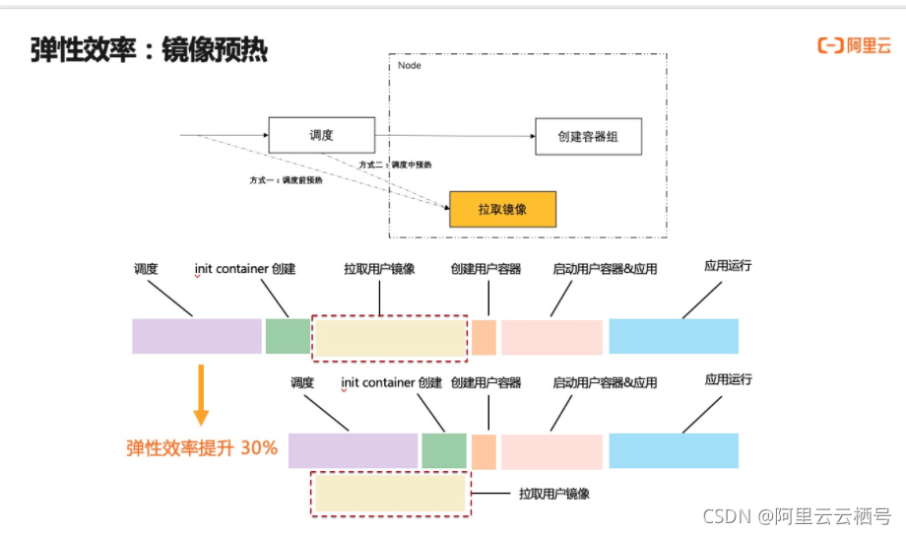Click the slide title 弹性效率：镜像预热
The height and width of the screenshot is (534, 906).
point(149,49)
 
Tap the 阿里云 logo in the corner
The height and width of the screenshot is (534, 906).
point(855,45)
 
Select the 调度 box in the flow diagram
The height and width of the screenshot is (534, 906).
point(322,135)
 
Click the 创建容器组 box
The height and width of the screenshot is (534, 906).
point(588,136)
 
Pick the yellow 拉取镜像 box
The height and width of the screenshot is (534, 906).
point(502,209)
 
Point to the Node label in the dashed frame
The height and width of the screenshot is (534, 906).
point(409,66)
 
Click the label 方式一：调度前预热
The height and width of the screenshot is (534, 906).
point(286,180)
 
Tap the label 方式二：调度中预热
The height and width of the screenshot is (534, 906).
point(395,165)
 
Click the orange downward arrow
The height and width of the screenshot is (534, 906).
point(201,395)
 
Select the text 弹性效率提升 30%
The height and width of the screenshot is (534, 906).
point(202,448)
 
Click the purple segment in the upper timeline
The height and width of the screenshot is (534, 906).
point(197,336)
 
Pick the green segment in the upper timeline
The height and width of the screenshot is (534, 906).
point(288,336)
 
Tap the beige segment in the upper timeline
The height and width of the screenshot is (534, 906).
point(390,338)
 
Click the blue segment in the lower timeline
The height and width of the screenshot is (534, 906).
point(674,451)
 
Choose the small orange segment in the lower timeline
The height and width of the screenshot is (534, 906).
point(485,451)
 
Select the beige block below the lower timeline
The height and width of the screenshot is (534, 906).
point(390,494)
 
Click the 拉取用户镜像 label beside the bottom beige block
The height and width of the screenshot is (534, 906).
point(554,494)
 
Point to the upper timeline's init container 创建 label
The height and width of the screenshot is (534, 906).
point(245,269)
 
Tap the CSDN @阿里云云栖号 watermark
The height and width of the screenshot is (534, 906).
point(797,516)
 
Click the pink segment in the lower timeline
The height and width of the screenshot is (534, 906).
point(551,451)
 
